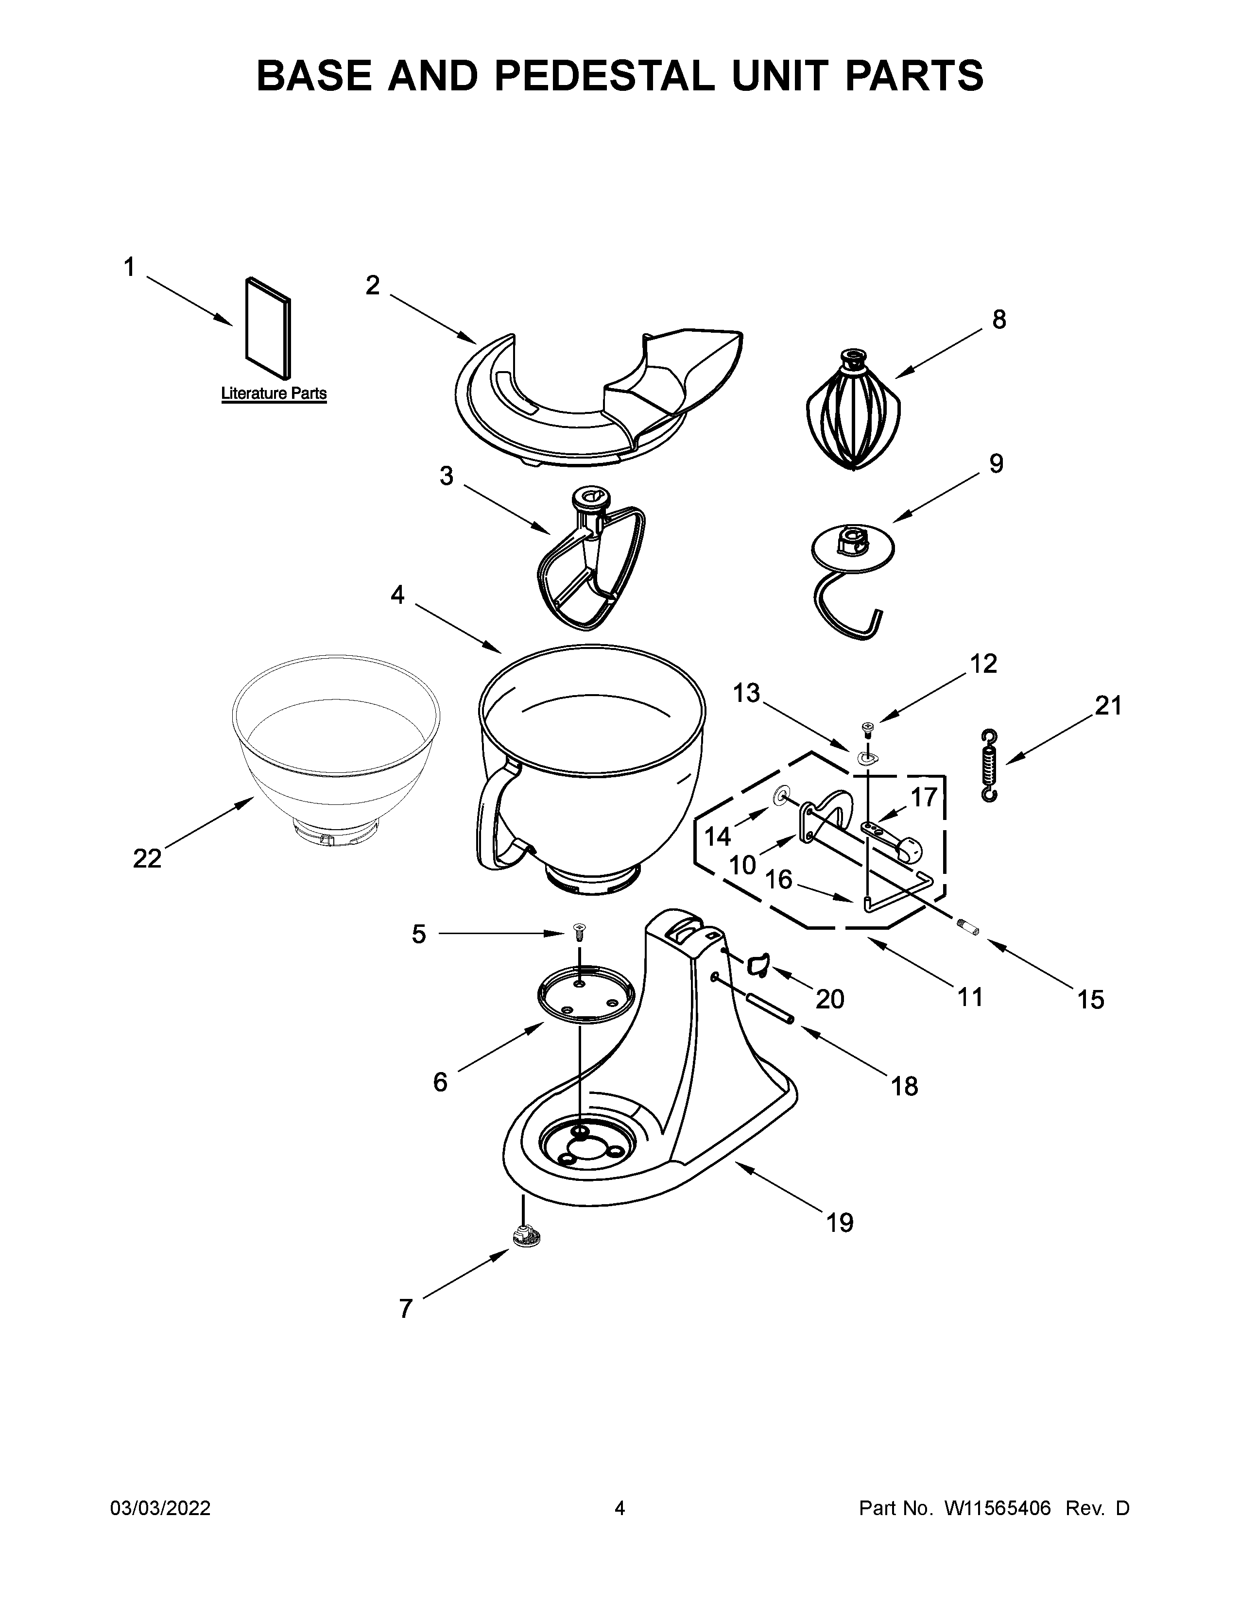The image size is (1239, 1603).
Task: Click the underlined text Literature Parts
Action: pyautogui.click(x=274, y=394)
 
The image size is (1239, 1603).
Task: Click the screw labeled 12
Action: pyautogui.click(x=868, y=728)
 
